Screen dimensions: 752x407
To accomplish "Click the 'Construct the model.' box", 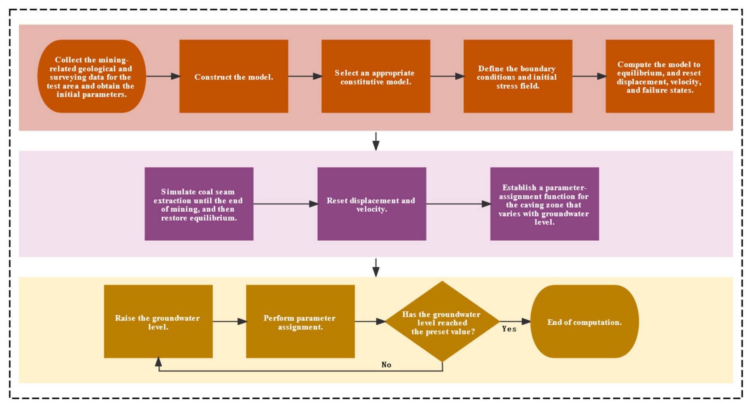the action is coord(234,76).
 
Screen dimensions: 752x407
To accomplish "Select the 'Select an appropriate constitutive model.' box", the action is coord(376,76).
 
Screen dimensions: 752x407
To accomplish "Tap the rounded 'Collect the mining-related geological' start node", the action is coord(92,76).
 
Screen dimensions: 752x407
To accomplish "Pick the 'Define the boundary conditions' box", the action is coord(518,76).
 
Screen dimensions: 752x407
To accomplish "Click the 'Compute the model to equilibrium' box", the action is coord(660,76).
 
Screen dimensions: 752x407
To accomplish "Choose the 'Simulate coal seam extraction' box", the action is coord(199,204).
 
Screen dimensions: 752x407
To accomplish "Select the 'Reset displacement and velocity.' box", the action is coord(372,204).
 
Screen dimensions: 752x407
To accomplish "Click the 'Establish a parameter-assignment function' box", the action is coord(545,204).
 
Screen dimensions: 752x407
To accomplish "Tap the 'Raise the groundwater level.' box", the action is coord(158,321).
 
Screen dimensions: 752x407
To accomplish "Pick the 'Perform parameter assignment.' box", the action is coord(300,321).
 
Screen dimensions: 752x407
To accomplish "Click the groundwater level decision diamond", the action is coord(442,321).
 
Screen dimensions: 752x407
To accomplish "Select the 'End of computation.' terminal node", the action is coord(585,321).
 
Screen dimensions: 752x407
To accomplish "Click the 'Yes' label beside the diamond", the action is coord(509,329).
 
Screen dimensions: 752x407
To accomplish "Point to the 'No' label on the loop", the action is coord(386,365).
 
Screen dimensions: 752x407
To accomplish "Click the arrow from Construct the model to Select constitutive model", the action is coord(305,76).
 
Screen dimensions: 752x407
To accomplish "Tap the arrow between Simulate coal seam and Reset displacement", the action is coord(286,204).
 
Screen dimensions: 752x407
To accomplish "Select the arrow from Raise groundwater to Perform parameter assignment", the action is coord(229,321).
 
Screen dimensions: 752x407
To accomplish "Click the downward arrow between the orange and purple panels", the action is coord(376,141).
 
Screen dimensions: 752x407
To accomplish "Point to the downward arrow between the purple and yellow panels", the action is coord(376,267).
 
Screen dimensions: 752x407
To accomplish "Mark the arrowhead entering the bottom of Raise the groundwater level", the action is coord(158,362).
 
